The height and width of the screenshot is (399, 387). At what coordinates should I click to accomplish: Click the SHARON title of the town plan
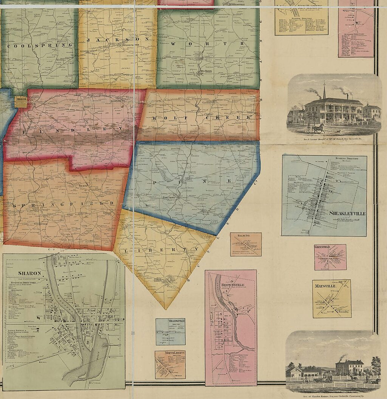click(x=25, y=273)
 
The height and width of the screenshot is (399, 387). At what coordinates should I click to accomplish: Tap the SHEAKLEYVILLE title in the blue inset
click(x=347, y=213)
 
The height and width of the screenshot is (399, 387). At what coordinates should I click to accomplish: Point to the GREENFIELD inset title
click(x=322, y=247)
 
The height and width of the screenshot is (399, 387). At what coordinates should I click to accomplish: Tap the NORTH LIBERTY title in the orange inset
click(x=170, y=353)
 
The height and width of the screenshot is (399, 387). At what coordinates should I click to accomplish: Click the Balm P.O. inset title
click(x=246, y=236)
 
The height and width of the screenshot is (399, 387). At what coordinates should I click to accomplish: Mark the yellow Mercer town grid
click(x=20, y=102)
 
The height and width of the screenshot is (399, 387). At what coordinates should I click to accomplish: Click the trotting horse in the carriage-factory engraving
click(x=319, y=128)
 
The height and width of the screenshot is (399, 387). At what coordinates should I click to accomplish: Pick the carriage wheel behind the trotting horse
click(x=308, y=129)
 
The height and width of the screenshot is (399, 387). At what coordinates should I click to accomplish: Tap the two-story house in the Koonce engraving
click(x=350, y=367)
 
